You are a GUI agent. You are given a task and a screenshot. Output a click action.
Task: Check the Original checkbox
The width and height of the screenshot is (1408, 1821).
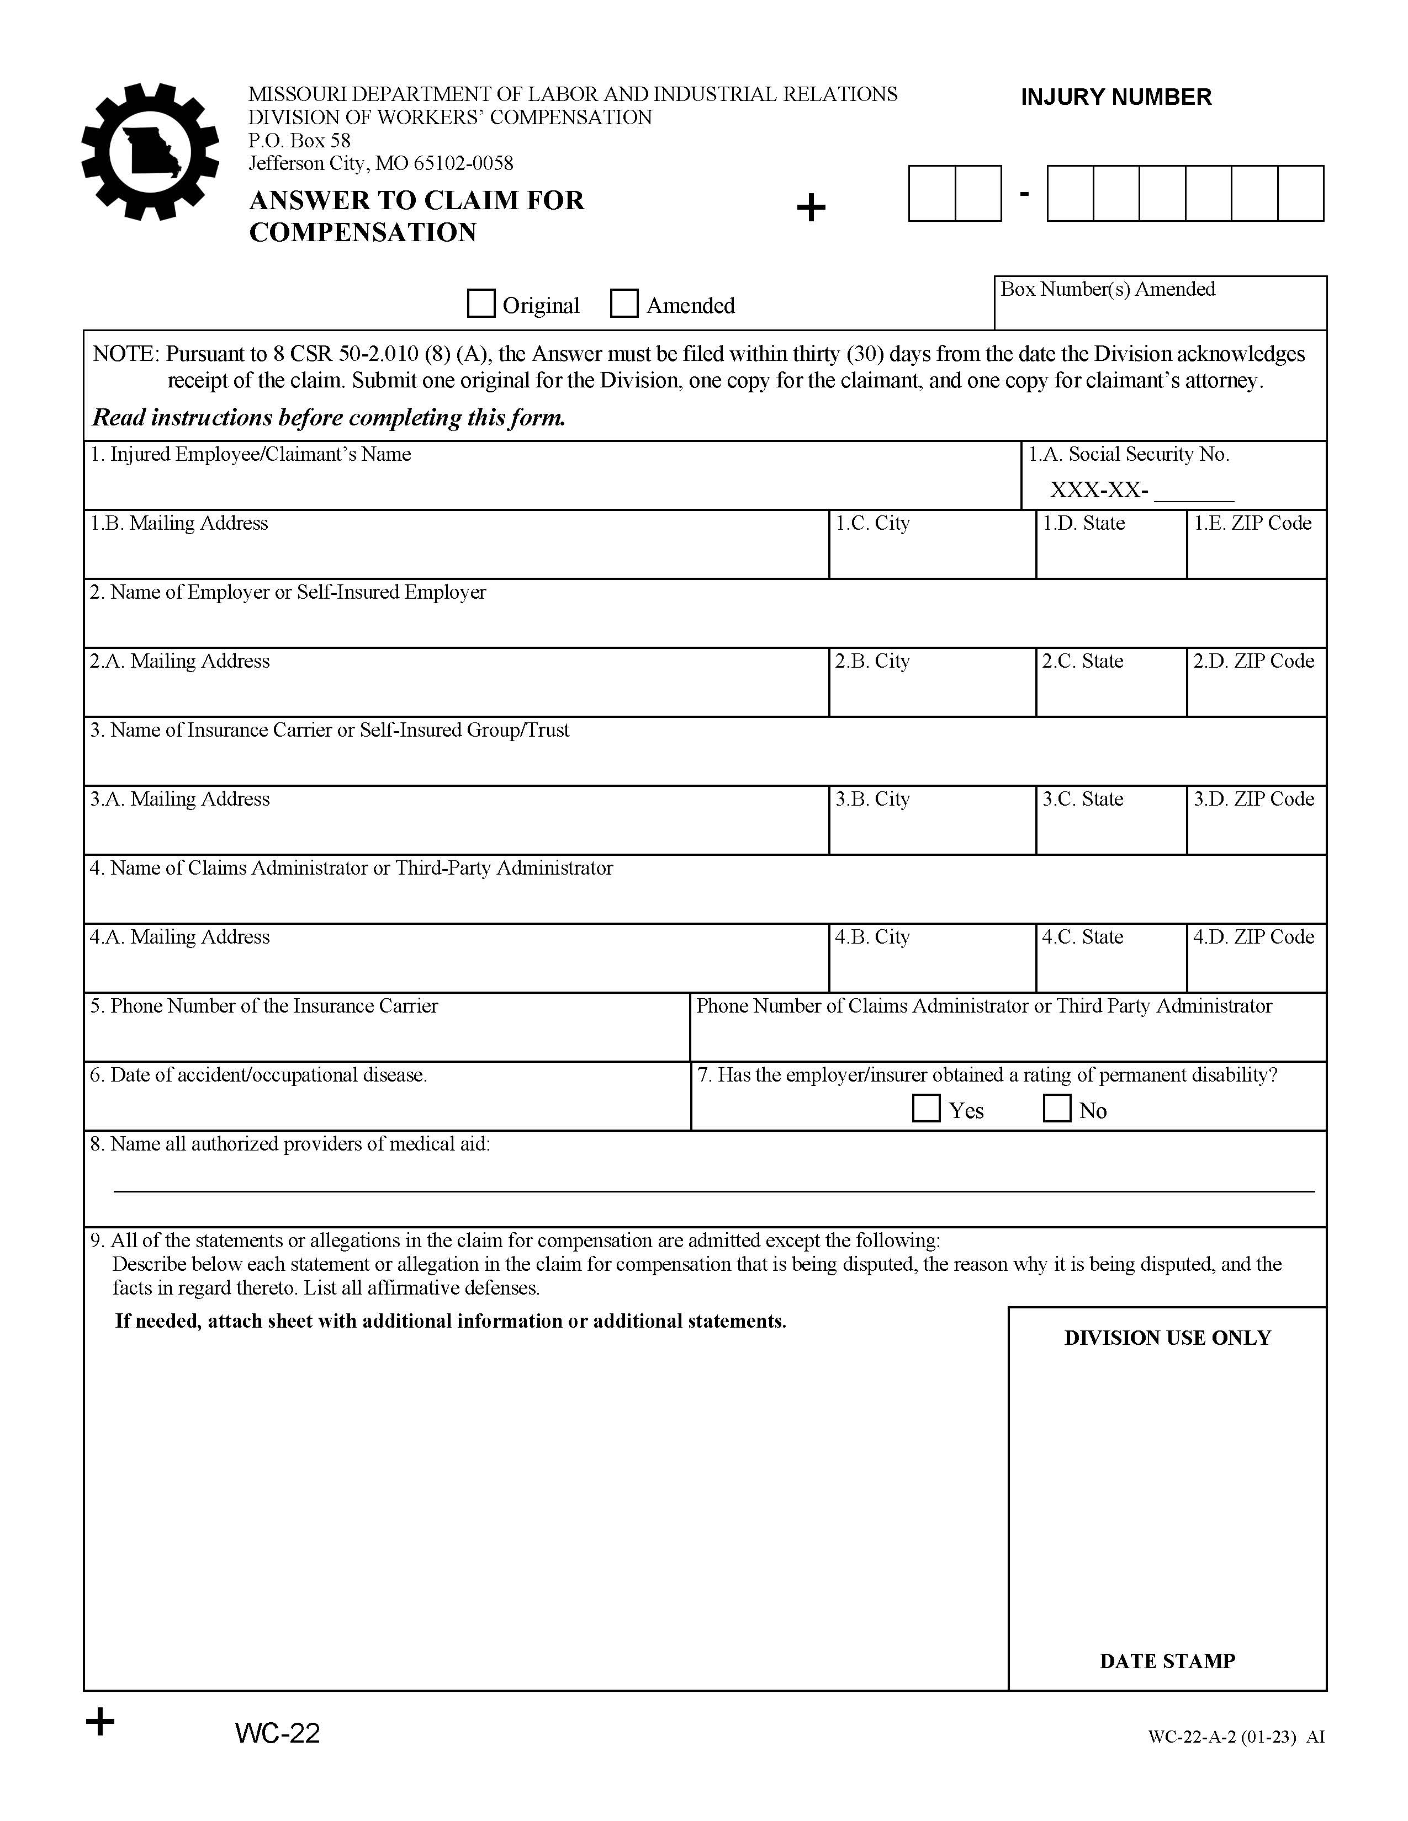[x=480, y=303]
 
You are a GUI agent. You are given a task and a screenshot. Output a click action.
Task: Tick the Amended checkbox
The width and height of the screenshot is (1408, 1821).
[x=624, y=303]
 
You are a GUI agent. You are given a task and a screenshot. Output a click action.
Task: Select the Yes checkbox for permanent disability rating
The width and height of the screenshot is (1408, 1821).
[x=926, y=1108]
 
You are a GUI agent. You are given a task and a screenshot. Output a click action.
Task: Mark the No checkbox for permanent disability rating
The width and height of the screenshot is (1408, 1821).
[x=1057, y=1108]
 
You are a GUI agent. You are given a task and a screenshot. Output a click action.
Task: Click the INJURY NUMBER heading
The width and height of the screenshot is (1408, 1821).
[x=1115, y=98]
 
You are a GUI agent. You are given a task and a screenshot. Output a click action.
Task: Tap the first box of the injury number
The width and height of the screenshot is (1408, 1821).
[x=931, y=194]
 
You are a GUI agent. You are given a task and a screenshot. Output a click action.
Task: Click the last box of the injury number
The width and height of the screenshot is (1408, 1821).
[x=1300, y=194]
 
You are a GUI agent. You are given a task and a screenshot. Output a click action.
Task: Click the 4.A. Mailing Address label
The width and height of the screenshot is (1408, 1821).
[x=180, y=937]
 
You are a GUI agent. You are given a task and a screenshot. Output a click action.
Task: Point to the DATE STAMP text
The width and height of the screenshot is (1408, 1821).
[x=1167, y=1661]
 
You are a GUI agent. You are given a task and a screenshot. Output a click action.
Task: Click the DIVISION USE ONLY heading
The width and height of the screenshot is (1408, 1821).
[x=1167, y=1338]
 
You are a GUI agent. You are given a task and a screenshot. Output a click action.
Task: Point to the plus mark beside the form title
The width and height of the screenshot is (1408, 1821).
[x=811, y=207]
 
